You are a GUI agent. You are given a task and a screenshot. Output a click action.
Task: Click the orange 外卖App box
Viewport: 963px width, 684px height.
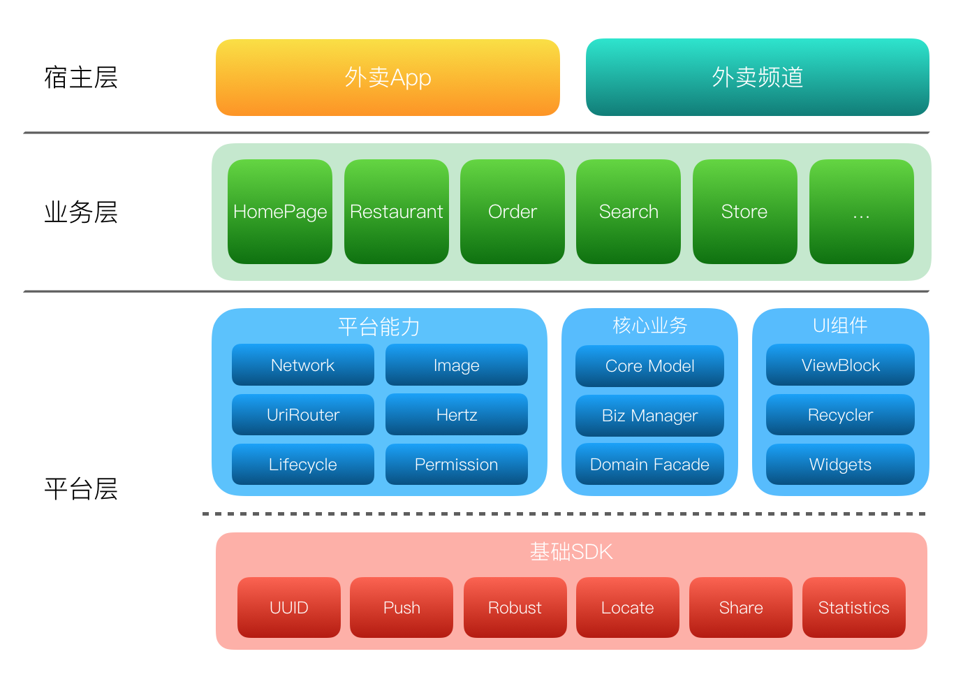pyautogui.click(x=388, y=78)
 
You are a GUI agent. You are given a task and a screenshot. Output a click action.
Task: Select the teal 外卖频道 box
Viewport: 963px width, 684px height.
pyautogui.click(x=757, y=78)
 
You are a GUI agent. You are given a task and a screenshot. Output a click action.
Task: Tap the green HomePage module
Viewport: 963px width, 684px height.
pyautogui.click(x=280, y=212)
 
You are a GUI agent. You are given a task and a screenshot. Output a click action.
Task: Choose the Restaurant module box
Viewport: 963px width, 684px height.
pyautogui.click(x=396, y=212)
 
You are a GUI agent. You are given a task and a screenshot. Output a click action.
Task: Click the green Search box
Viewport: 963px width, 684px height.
pyautogui.click(x=628, y=212)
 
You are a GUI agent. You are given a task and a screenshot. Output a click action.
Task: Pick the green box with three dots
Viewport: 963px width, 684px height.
pyautogui.click(x=861, y=212)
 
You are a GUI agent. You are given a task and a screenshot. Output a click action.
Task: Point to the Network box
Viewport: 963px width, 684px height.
pyautogui.click(x=302, y=365)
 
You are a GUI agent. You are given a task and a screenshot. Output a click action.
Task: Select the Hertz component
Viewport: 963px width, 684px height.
pyautogui.click(x=456, y=415)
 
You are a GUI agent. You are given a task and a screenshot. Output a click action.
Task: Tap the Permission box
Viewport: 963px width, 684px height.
pyautogui.click(x=456, y=465)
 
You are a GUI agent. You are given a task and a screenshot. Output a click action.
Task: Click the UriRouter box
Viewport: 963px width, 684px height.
pyautogui.click(x=302, y=415)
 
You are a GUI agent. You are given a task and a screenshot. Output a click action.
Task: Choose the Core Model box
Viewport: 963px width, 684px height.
pyautogui.click(x=649, y=366)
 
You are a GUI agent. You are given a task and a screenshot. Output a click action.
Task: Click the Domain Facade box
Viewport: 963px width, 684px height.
pyautogui.click(x=649, y=465)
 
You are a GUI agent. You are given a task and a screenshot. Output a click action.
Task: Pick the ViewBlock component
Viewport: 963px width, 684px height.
pyautogui.click(x=840, y=365)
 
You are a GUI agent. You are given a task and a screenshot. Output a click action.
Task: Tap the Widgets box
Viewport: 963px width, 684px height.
pyautogui.click(x=840, y=465)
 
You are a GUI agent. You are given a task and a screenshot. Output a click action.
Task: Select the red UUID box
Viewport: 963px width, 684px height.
pyautogui.click(x=288, y=608)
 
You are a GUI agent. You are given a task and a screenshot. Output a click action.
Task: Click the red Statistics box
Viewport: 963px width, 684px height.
pyautogui.click(x=853, y=608)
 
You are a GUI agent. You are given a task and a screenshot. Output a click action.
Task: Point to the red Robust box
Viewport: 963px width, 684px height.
pyautogui.click(x=515, y=608)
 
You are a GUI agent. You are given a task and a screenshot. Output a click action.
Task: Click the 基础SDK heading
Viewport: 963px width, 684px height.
pyautogui.click(x=571, y=552)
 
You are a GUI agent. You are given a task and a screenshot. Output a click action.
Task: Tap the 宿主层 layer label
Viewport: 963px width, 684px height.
pyautogui.click(x=81, y=78)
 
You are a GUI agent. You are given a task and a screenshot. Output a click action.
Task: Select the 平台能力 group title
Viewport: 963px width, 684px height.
pyautogui.click(x=378, y=326)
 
